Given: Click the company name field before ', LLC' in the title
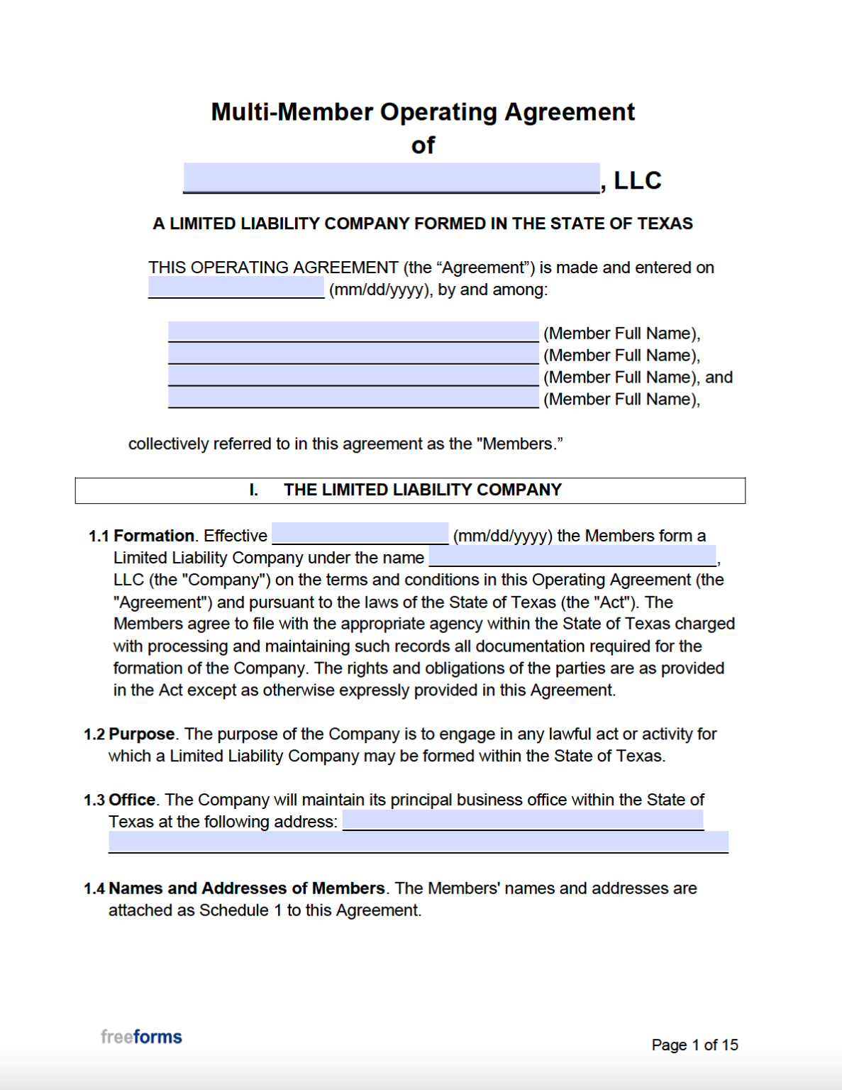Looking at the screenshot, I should click(x=392, y=177).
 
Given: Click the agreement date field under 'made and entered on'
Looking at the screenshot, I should click(x=236, y=287).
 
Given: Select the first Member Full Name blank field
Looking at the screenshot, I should click(x=353, y=331).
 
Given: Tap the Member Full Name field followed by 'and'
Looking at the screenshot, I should click(x=353, y=375).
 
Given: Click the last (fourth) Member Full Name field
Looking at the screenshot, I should click(x=353, y=397).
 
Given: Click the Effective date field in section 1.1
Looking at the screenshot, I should click(x=360, y=534).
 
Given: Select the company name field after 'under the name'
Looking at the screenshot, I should click(x=572, y=556).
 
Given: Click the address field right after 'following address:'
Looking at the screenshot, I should click(x=523, y=820).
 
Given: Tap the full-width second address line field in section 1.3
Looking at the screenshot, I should click(x=419, y=842).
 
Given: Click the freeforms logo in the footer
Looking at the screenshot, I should click(x=141, y=1037).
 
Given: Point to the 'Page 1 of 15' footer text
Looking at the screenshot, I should click(x=694, y=1045).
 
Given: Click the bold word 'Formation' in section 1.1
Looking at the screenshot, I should click(x=154, y=536).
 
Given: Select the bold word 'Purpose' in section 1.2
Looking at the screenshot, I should click(x=142, y=734).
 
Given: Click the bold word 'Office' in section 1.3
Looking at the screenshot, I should click(x=132, y=800).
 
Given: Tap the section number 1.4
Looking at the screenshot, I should click(x=94, y=888).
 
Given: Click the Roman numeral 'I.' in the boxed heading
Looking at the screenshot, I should click(x=253, y=490).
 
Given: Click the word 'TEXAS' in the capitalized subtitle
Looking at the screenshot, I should click(x=665, y=224).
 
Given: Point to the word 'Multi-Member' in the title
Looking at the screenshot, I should click(x=292, y=112).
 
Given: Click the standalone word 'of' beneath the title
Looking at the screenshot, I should click(x=423, y=145).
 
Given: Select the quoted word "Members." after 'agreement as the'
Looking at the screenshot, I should click(x=519, y=444).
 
